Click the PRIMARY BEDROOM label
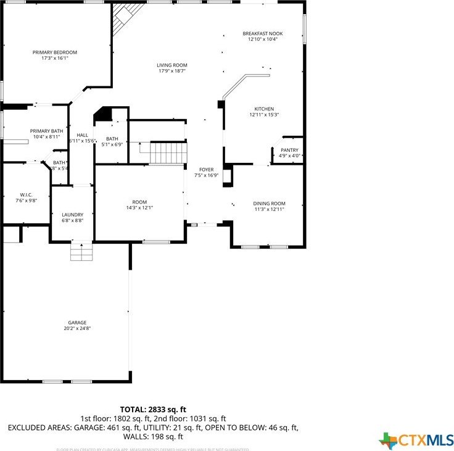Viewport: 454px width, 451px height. click(x=55, y=52)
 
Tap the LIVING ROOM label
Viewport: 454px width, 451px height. click(x=171, y=65)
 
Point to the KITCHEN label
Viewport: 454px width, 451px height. click(x=264, y=109)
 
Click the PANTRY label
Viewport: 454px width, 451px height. click(x=289, y=150)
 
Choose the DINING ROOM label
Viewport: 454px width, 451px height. click(x=269, y=203)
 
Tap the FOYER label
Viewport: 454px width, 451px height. click(x=206, y=170)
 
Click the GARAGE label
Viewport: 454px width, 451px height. click(x=77, y=322)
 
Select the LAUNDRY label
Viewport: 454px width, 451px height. click(x=72, y=215)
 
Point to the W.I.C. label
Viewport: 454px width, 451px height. click(x=25, y=194)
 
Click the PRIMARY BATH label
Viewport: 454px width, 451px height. click(x=47, y=131)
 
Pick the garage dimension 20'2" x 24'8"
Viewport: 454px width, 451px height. click(x=77, y=328)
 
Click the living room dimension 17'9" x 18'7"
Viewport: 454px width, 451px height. click(x=171, y=71)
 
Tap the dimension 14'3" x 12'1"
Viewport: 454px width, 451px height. click(x=139, y=208)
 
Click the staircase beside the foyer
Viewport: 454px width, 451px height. click(x=168, y=152)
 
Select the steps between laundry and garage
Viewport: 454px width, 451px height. click(x=81, y=251)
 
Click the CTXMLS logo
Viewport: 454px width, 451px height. click(x=416, y=440)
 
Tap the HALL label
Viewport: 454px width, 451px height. click(x=82, y=135)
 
